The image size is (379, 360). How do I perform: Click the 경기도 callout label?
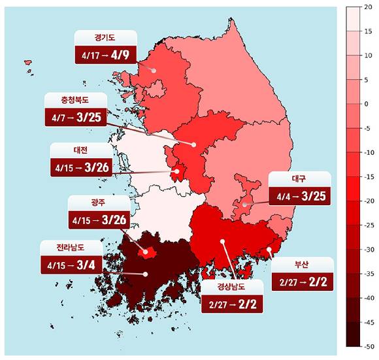105,37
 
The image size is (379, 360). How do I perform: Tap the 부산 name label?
301,265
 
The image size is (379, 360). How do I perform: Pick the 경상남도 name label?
233,286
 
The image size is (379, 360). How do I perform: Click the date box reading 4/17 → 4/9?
105,55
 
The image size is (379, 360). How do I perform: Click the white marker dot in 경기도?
154,70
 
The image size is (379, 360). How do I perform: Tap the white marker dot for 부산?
269,249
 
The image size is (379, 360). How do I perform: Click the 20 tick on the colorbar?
366,7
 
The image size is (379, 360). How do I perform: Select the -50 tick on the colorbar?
367,346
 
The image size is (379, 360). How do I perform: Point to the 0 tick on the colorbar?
366,104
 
